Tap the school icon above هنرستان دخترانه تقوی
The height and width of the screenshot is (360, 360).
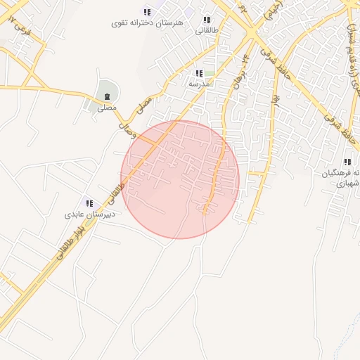click(147, 11)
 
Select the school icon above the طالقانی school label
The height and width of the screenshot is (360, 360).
click(206, 20)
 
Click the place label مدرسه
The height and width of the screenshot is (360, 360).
click(199, 84)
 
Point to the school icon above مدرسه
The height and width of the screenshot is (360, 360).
click(199, 73)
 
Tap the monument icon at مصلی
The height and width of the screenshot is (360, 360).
click(107, 96)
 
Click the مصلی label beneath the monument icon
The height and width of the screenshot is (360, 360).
click(107, 108)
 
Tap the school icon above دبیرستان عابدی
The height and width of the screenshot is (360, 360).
click(89, 202)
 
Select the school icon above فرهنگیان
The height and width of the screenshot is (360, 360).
click(347, 162)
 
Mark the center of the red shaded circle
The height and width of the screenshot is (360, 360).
click(180, 179)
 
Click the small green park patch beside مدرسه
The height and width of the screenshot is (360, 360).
click(210, 73)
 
